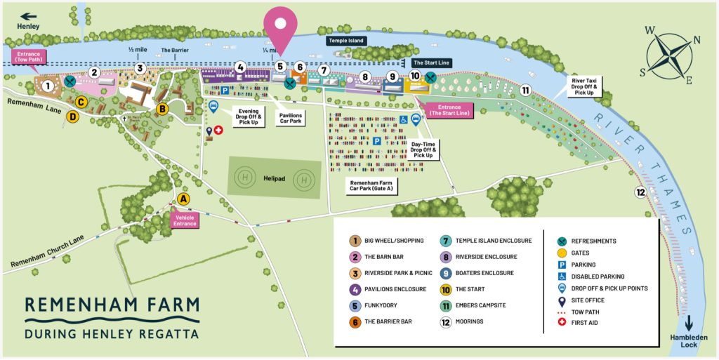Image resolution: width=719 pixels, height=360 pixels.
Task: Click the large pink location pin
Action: [280, 27]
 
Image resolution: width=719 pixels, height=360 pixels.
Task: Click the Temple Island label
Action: [347, 41]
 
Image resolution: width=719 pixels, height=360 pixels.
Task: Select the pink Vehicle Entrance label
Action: [185, 220]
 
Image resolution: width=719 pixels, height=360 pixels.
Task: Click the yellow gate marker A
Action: [183, 199]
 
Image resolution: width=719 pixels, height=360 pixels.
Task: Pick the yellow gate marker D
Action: [72, 117]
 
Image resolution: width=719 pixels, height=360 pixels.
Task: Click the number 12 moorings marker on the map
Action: [640, 192]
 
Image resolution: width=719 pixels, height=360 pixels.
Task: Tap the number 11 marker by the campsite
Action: [525, 89]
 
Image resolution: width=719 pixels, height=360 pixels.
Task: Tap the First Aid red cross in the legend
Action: [562, 323]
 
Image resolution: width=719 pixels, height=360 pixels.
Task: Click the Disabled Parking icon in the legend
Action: [562, 276]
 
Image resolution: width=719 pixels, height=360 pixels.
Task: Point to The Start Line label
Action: [431, 62]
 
